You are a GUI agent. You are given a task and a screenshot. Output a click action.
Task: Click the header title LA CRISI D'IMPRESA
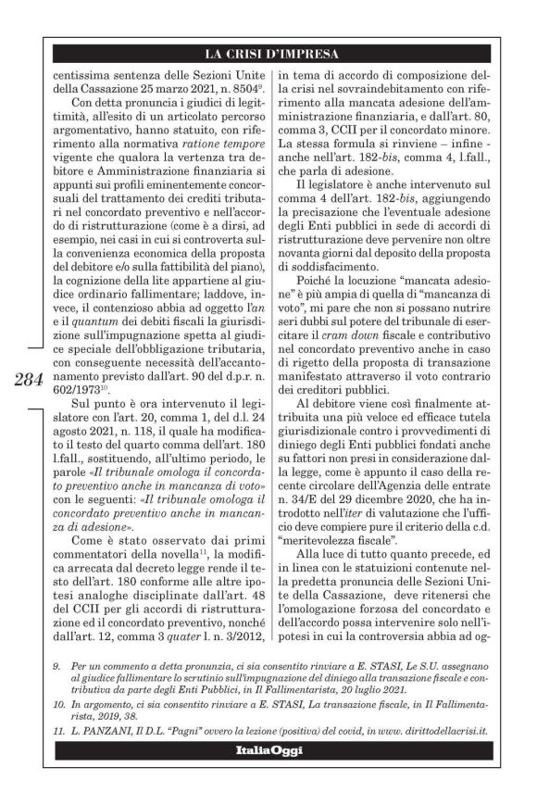click(268, 53)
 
